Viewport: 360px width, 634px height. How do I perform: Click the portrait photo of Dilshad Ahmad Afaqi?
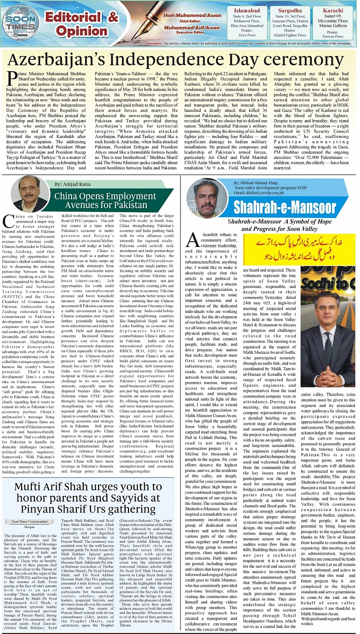[x=203, y=196]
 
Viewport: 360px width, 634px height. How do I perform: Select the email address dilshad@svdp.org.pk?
[x=259, y=192]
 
